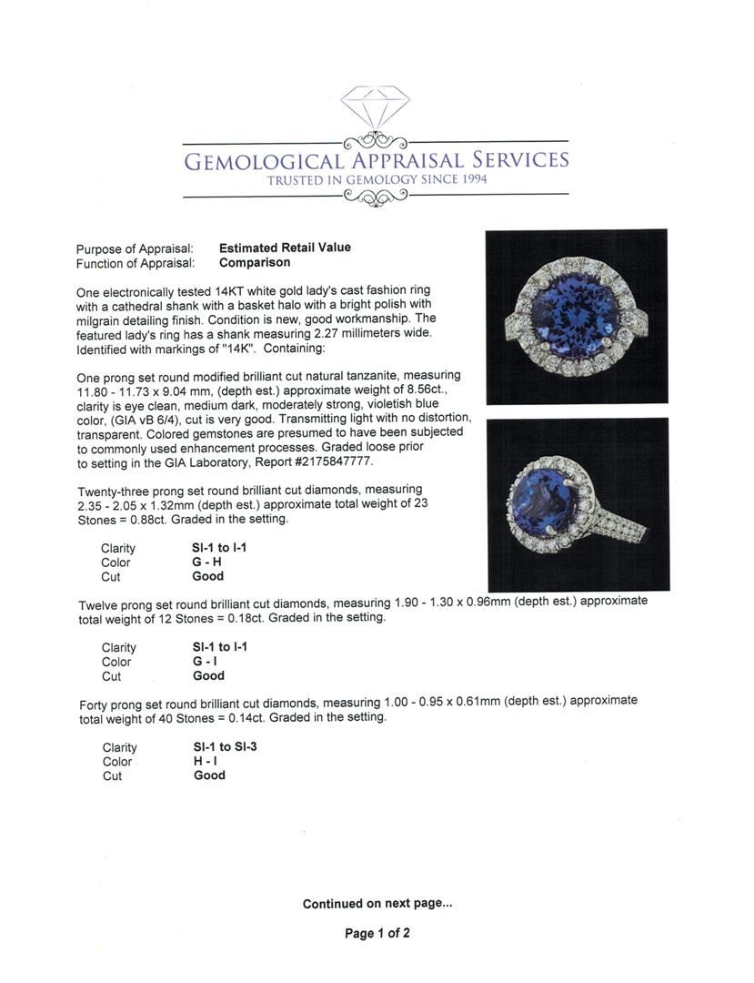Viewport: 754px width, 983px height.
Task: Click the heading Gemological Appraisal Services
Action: (377, 161)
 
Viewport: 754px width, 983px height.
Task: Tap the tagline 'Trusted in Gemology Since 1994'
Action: (377, 180)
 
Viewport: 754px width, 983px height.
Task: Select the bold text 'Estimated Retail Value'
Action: (285, 248)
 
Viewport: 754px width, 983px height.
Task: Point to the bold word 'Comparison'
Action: (255, 262)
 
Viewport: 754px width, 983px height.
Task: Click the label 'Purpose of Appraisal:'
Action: (135, 248)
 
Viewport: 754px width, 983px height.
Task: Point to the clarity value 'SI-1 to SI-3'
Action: (219, 747)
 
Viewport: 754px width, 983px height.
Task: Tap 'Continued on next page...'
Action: (377, 904)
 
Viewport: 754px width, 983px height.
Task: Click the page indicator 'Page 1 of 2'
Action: (377, 933)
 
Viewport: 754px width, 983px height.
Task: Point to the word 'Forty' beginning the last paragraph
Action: (95, 702)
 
